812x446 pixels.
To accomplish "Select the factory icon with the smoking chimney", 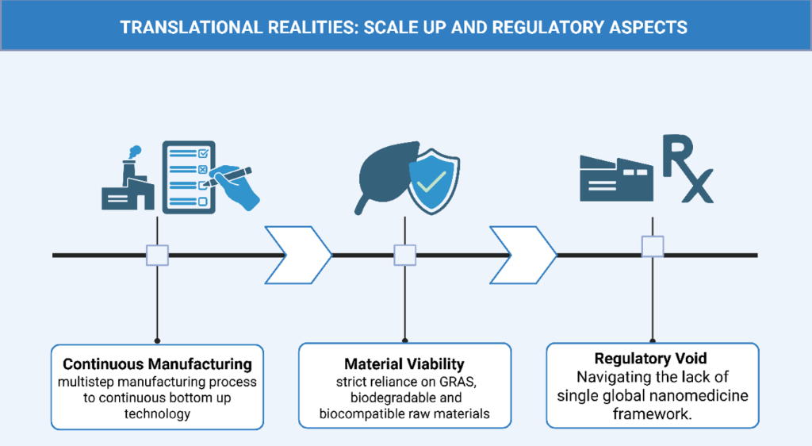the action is pyautogui.click(x=128, y=178).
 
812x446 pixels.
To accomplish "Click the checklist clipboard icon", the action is pyautogui.click(x=189, y=177).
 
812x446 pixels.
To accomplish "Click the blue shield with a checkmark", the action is pyautogui.click(x=434, y=181).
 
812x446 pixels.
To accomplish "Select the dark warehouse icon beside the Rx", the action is pyautogui.click(x=616, y=179).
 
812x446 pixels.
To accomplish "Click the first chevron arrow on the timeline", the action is pyautogui.click(x=298, y=255).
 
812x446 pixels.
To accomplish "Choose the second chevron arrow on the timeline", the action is pyautogui.click(x=523, y=255).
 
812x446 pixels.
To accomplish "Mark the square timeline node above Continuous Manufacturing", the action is pyautogui.click(x=158, y=256).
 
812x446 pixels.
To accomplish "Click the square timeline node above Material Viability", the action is pyautogui.click(x=405, y=256).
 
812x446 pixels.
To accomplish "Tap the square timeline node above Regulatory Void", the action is pyautogui.click(x=653, y=247).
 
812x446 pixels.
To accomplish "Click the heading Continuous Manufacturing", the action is pyautogui.click(x=158, y=364).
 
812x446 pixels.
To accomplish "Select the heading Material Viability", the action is pyautogui.click(x=404, y=364).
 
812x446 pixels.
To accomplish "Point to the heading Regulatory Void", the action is pyautogui.click(x=650, y=359).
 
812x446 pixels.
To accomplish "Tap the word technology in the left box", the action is pyautogui.click(x=158, y=414).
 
